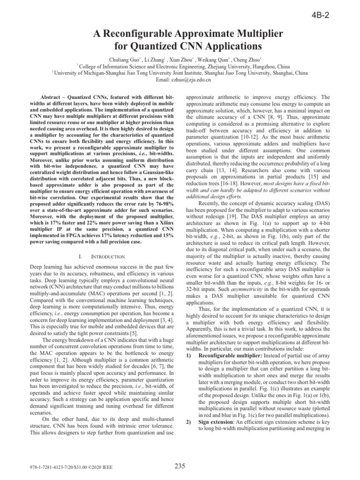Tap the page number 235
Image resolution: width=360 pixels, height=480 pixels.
point(180,466)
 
